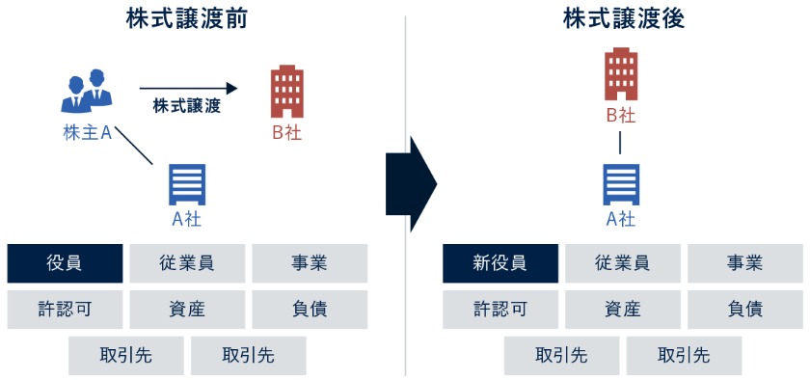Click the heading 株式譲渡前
coord(187,18)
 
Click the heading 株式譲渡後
coord(623,18)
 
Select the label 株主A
coord(87,134)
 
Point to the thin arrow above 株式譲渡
coord(188,87)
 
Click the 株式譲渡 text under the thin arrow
coord(187,106)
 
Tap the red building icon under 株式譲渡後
coord(621,74)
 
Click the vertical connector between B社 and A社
coord(621,142)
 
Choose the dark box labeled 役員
coord(65,263)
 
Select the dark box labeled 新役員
coord(499,263)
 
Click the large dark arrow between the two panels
coord(411,183)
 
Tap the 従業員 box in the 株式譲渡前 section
coord(187,263)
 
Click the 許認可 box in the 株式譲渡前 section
coord(65,310)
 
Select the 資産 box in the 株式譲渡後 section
coord(622,310)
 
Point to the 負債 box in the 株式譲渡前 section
coord(310,310)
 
